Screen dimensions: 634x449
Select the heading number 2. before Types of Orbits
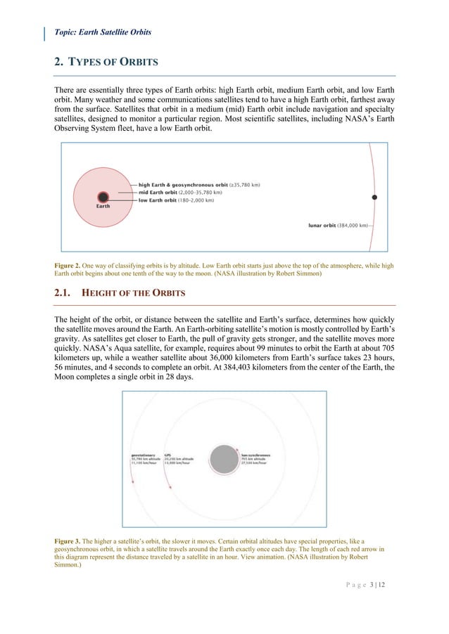pyautogui.click(x=59, y=63)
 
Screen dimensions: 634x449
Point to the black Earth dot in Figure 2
pyautogui.click(x=103, y=198)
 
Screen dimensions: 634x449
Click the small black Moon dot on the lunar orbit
pyautogui.click(x=374, y=198)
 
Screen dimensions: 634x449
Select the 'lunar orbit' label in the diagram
pyautogui.click(x=324, y=226)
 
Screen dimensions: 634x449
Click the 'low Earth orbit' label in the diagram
pyautogui.click(x=158, y=200)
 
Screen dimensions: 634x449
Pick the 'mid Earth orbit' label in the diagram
pyautogui.click(x=158, y=193)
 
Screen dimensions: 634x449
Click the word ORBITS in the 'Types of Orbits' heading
pyautogui.click(x=138, y=63)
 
